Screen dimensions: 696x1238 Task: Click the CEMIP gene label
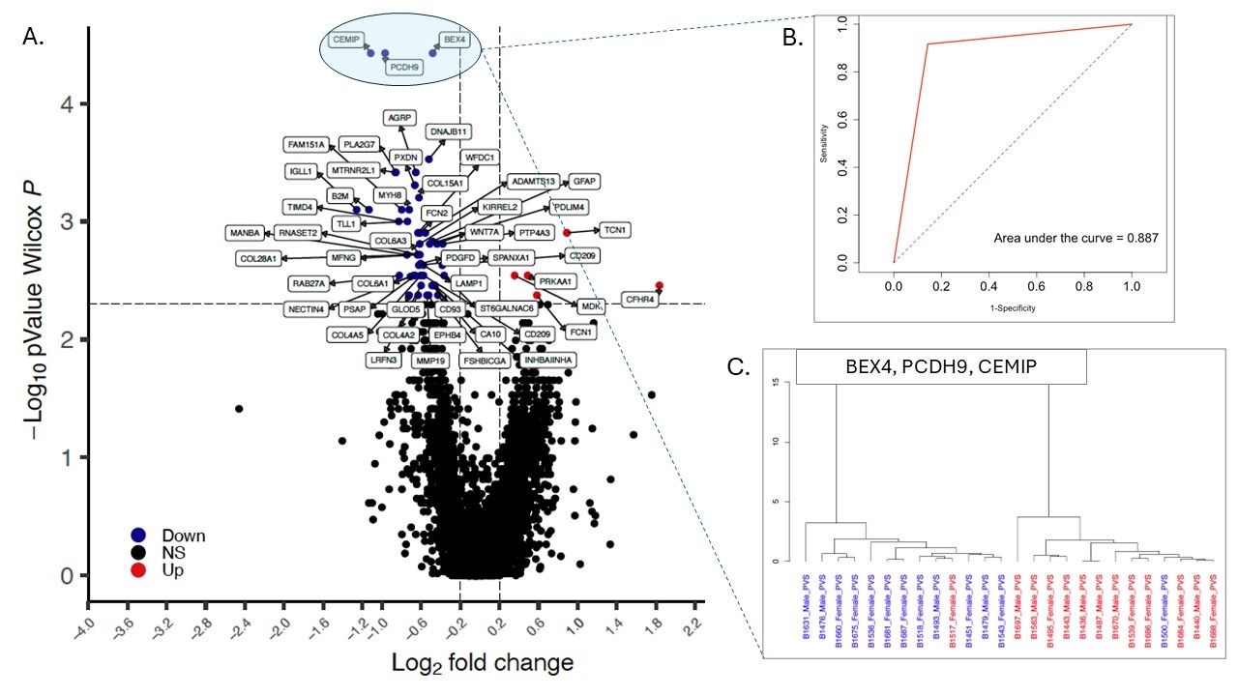click(x=345, y=40)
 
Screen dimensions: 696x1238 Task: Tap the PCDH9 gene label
click(x=402, y=68)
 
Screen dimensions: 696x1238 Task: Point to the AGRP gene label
click(x=399, y=118)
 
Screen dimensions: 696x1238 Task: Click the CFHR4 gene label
click(x=640, y=300)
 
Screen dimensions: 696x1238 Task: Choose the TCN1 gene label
click(x=615, y=230)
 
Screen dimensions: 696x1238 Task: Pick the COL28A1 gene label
click(x=259, y=259)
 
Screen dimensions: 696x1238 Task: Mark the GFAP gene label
click(x=583, y=181)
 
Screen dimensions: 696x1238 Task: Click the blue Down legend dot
click(x=138, y=535)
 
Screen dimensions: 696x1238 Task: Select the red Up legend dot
click(x=138, y=570)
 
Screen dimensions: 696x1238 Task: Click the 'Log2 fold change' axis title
click(x=482, y=663)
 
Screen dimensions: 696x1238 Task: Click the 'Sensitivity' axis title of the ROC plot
click(x=824, y=141)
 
